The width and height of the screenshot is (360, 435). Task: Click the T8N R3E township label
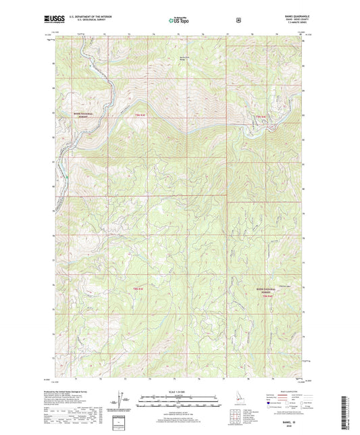pos(139,288)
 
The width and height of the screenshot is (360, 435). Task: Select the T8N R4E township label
pos(268,296)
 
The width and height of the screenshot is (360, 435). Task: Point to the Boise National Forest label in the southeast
pos(268,288)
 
